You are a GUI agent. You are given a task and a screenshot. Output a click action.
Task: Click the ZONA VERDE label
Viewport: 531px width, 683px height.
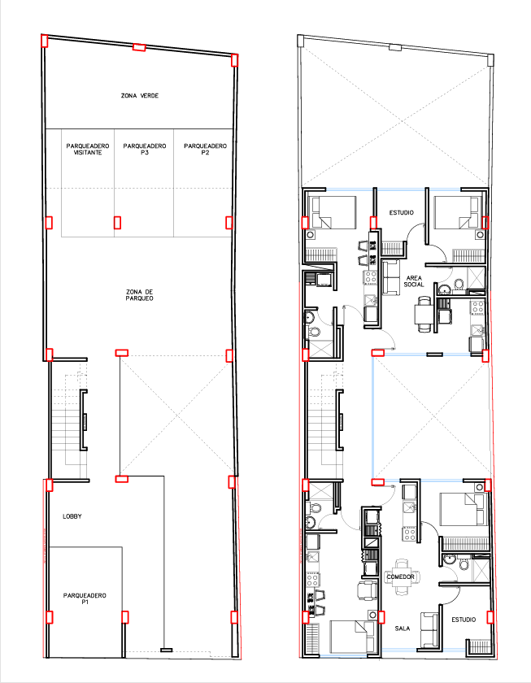139,95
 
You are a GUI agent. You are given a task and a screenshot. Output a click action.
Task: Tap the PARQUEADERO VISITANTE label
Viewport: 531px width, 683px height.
88,150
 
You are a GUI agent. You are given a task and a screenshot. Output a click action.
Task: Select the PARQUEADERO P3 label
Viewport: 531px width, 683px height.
145,150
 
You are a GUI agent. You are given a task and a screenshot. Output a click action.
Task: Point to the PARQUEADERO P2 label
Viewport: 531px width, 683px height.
205,150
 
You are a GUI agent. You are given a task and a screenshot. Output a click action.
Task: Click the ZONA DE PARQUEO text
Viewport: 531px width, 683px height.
139,295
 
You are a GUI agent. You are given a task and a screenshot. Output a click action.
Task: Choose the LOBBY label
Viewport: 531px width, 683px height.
72,516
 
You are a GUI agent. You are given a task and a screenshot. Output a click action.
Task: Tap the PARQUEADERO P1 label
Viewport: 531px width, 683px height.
85,598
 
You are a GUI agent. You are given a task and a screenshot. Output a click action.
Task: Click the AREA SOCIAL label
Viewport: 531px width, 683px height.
414,281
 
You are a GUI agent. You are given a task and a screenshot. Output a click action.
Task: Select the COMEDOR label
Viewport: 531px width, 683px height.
401,576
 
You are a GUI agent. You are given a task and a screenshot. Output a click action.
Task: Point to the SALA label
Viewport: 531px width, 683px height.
403,628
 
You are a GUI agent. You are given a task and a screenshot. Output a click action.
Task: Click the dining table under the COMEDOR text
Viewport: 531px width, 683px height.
401,577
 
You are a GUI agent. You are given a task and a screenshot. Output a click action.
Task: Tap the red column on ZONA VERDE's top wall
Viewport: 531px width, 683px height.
139,47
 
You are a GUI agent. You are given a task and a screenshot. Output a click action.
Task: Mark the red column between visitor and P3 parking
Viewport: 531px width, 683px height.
117,223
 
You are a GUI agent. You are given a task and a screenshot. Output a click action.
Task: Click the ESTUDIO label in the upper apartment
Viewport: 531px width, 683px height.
401,212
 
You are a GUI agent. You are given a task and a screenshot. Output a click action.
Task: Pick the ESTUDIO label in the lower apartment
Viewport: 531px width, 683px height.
464,620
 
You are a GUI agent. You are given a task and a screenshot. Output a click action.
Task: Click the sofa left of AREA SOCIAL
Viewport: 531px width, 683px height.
391,277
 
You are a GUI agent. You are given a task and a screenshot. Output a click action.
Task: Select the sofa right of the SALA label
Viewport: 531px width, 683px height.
429,630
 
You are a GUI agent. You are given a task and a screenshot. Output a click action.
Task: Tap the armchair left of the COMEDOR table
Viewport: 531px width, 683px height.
367,589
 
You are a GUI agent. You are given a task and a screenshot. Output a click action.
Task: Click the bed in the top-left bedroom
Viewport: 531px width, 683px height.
332,212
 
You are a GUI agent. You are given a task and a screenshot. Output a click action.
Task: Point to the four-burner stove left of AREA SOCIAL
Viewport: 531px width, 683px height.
371,277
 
